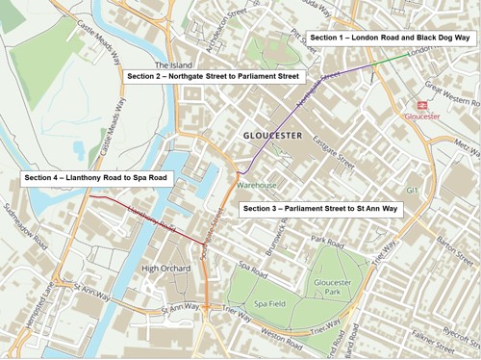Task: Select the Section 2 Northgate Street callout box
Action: click(215, 75)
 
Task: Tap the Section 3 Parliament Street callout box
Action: click(320, 209)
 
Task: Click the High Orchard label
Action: click(162, 269)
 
